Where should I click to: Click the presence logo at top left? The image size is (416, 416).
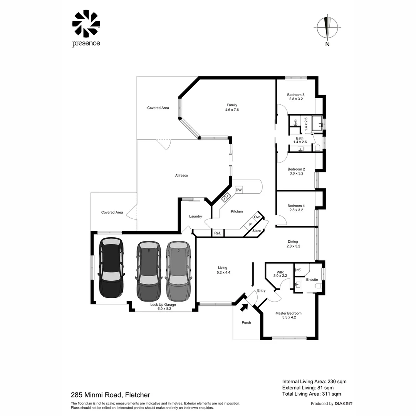coord(86,29)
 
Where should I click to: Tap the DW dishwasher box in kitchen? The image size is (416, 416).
coord(238,190)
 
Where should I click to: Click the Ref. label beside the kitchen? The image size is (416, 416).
coord(217,233)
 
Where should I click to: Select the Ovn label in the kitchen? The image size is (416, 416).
coord(257,217)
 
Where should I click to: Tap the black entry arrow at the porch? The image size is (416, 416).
coord(244,307)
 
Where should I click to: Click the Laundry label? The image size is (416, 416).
coord(195,216)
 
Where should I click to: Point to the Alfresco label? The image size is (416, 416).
coord(181,176)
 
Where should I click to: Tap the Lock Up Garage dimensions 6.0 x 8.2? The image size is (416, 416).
coord(163,309)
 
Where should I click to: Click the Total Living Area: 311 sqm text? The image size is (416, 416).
coord(311,394)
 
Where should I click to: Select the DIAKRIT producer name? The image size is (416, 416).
coord(343,404)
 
